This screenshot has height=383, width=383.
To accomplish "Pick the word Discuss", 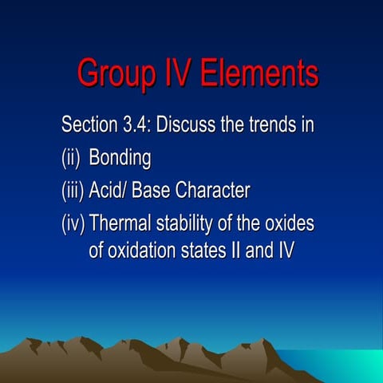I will pos(194,125).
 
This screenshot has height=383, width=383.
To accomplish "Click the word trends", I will pos(270,125).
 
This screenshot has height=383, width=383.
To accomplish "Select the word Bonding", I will pos(120,159).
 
